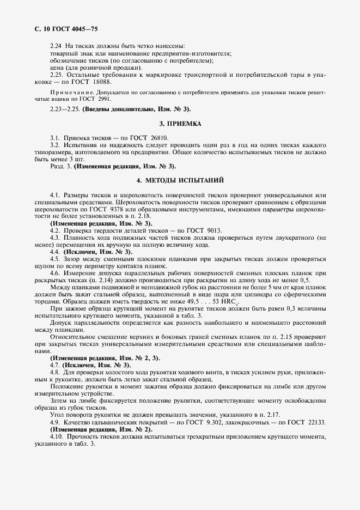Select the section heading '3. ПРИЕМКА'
click(180, 124)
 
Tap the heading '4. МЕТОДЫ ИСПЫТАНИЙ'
click(180, 180)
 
